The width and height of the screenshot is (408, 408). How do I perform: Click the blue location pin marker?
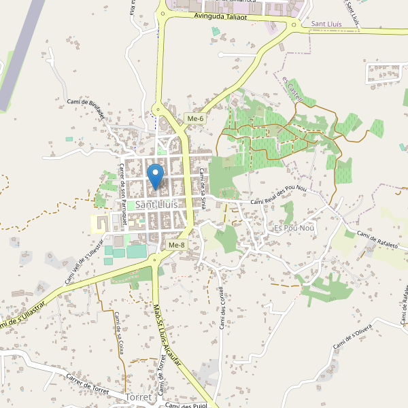(x=156, y=175)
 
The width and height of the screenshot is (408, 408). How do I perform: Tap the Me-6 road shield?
(x=195, y=119)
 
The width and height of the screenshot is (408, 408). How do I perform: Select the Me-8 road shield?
(x=176, y=245)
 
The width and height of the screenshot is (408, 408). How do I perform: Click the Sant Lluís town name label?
(x=157, y=204)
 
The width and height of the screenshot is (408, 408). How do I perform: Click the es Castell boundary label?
(x=292, y=87)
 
